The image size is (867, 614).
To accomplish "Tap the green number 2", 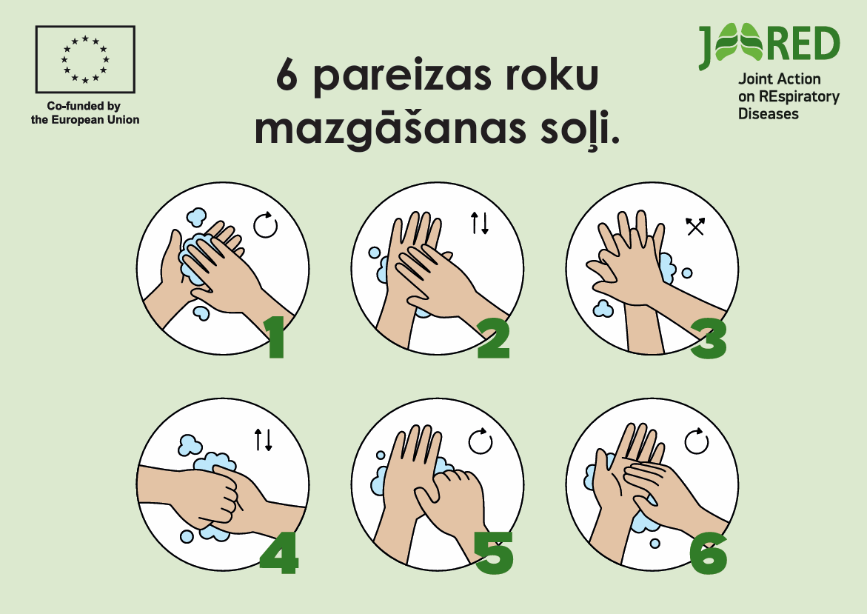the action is tap(492, 338).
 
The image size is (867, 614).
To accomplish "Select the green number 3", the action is tap(709, 338).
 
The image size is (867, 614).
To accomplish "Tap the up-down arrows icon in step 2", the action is tap(479, 223).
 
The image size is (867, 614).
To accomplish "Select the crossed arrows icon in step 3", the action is tap(695, 226).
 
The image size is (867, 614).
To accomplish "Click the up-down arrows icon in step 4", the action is tap(263, 439).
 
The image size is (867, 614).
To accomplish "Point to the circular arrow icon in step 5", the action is tap(480, 441).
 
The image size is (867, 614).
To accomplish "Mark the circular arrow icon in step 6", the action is tap(696, 441).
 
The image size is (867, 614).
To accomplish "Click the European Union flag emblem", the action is tap(85, 59).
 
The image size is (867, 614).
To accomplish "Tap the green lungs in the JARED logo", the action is tap(738, 42).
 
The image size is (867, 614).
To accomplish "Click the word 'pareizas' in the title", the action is tap(401, 77).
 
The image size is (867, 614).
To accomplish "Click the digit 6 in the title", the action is tap(287, 75).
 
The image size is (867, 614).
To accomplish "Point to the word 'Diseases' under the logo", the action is tap(768, 114).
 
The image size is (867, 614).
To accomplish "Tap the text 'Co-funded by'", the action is tap(84, 106).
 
